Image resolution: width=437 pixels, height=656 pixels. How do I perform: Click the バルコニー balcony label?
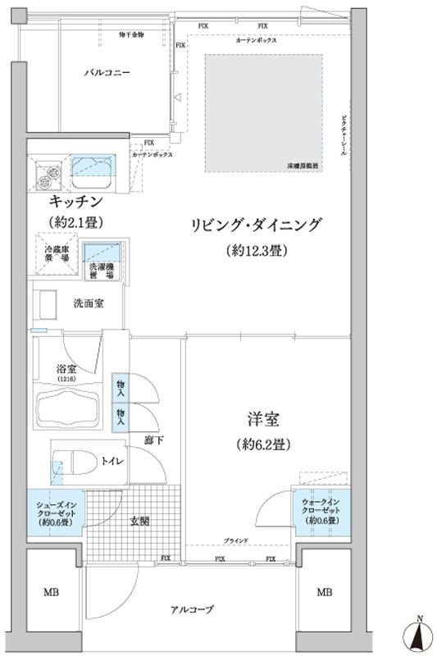(x=107, y=73)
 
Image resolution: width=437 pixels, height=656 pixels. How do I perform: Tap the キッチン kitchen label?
(x=75, y=201)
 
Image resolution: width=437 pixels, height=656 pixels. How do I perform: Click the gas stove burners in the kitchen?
(x=48, y=171)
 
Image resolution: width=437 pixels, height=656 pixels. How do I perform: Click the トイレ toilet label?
(x=112, y=462)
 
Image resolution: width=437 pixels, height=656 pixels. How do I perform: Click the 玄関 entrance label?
(x=139, y=522)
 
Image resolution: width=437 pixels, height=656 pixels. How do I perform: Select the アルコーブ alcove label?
(x=193, y=609)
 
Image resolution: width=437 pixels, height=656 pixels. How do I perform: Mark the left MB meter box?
(x=52, y=593)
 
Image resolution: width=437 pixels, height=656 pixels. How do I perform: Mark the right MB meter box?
(x=325, y=593)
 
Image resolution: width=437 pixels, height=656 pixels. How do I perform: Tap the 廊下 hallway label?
(x=154, y=440)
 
